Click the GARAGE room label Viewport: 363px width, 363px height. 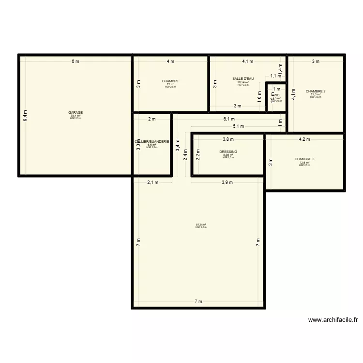pos(76,112)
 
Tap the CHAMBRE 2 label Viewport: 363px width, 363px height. pos(316,91)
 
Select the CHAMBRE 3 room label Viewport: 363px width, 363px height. pos(304,159)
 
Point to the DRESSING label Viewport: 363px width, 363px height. pos(228,151)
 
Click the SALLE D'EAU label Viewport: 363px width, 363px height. pos(243,78)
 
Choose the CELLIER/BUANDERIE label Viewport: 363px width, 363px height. pos(152,141)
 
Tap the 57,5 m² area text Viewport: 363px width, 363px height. pos(201,225)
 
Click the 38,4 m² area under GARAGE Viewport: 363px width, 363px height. pos(76,116)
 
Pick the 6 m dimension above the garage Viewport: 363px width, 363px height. pos(75,61)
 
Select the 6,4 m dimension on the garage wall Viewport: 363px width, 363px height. pos(26,115)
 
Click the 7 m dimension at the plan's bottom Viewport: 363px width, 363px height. pos(198,302)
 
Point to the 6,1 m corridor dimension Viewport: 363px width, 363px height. pos(229,119)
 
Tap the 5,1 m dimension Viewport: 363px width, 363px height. pos(239,126)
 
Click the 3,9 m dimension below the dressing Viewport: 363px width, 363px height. pos(227,182)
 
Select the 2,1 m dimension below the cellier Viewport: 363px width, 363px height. pos(152,182)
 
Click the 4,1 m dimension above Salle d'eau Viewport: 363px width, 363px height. pos(248,61)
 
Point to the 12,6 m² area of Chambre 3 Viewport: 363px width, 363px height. pos(304,163)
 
